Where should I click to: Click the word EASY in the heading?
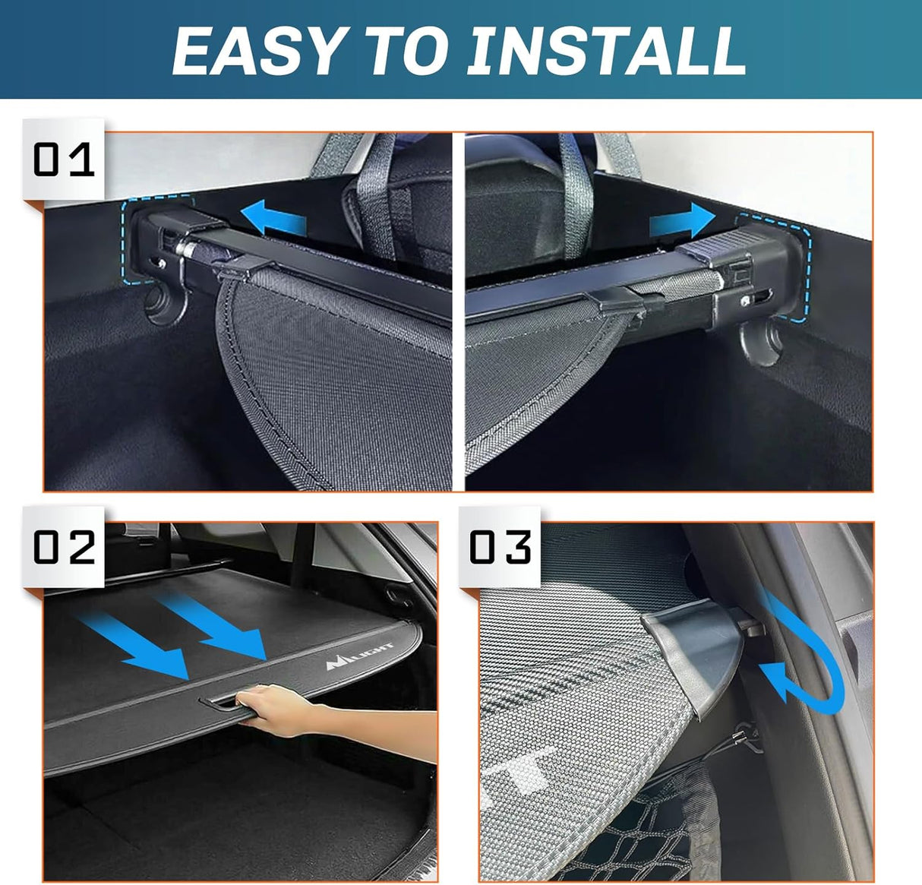pyautogui.click(x=255, y=50)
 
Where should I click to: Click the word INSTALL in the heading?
pyautogui.click(x=607, y=50)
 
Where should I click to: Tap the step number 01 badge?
pyautogui.click(x=64, y=160)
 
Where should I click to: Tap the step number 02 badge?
pyautogui.click(x=64, y=547)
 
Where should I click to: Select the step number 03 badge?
pyautogui.click(x=500, y=547)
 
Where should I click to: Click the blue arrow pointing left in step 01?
pyautogui.click(x=278, y=218)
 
